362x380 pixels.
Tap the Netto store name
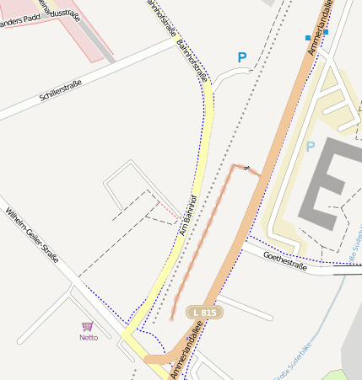(x=89, y=337)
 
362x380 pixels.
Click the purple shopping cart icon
(x=87, y=326)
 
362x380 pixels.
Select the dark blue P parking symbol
(x=242, y=57)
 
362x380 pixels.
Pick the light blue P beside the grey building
(x=310, y=147)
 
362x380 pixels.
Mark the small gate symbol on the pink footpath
(x=246, y=169)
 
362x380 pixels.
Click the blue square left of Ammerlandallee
(x=307, y=38)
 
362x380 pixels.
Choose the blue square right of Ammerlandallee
(x=326, y=32)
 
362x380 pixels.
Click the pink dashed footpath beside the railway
(x=203, y=240)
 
